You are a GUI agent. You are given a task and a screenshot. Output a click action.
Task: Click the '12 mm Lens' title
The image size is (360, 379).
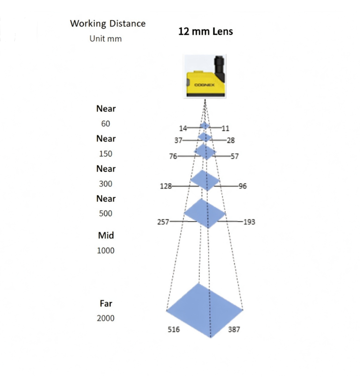[x=206, y=31]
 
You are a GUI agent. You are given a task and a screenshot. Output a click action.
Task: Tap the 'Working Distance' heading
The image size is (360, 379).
[x=108, y=23]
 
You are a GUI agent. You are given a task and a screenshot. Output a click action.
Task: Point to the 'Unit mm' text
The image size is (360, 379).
[x=105, y=39]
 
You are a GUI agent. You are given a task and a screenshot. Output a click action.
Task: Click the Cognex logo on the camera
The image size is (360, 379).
[x=204, y=85]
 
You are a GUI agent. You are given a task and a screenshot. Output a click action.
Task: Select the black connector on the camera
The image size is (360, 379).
[x=219, y=68]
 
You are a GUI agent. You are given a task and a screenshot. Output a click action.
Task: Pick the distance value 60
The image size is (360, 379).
[x=105, y=124]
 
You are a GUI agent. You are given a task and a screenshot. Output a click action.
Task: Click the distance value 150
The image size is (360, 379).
[x=105, y=154]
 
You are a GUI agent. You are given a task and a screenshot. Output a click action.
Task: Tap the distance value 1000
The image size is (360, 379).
[x=105, y=251]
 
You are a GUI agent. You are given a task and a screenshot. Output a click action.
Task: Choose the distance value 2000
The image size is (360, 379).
[x=105, y=318]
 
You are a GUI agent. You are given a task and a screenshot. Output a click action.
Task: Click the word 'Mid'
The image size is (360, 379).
[x=106, y=235]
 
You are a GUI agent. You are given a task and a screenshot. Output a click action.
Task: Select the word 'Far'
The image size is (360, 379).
[x=106, y=304]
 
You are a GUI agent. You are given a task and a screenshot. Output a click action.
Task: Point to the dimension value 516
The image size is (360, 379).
[x=174, y=330]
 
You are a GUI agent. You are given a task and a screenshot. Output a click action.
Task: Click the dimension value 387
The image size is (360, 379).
[x=234, y=330]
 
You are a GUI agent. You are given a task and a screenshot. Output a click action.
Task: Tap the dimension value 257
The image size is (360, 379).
[x=163, y=222]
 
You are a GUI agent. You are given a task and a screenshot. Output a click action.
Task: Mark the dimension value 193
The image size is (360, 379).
[x=249, y=222]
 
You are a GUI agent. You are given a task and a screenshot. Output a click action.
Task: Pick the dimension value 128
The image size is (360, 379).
[x=166, y=186]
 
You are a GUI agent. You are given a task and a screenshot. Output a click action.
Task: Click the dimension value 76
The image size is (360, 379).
[x=173, y=156]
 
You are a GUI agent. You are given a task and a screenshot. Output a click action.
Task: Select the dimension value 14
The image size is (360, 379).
[x=183, y=128]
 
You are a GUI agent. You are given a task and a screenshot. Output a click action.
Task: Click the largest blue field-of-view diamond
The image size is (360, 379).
[x=205, y=310]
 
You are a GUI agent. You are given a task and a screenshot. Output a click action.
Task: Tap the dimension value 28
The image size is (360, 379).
[x=231, y=141]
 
